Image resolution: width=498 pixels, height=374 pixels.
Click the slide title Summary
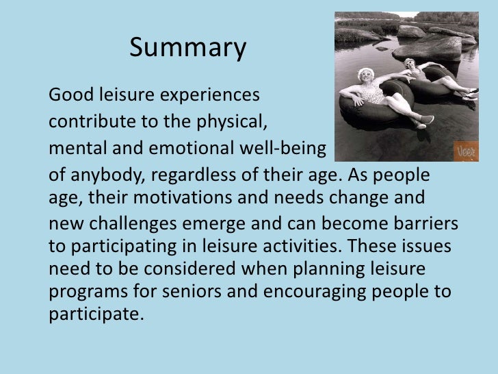click(x=187, y=49)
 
